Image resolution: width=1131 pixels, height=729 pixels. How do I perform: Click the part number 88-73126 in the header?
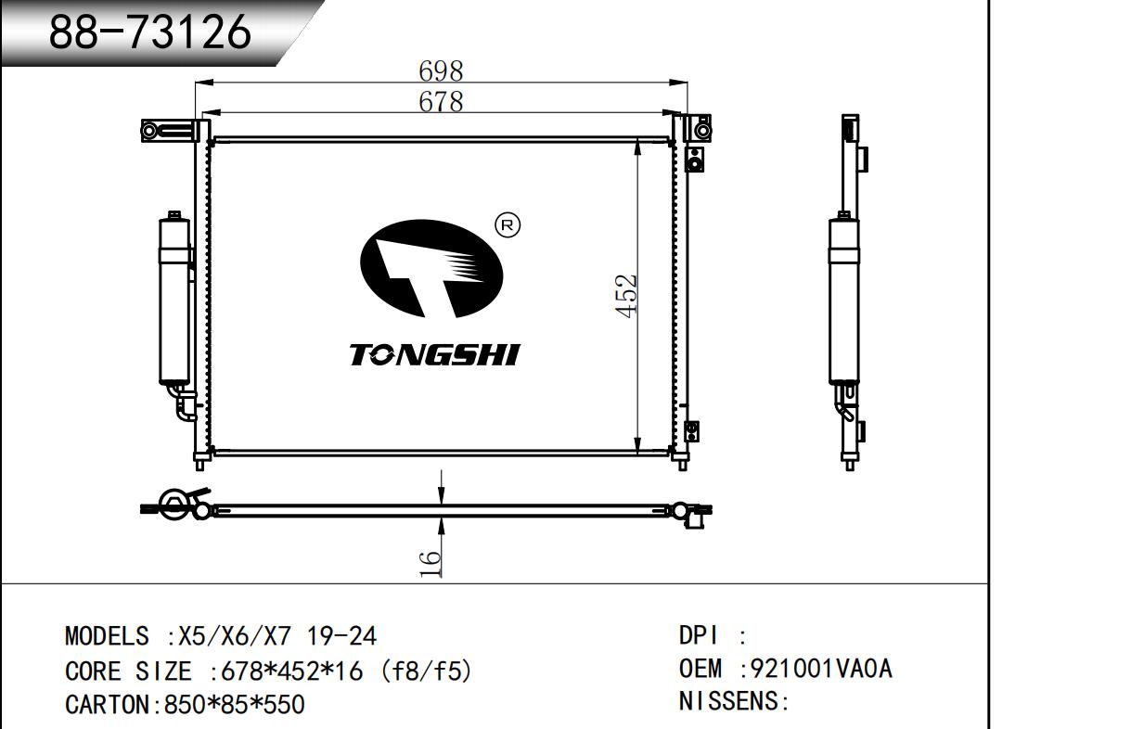click(150, 32)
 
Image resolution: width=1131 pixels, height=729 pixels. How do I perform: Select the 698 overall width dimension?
click(441, 71)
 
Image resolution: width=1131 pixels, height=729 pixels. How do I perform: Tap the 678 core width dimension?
click(441, 101)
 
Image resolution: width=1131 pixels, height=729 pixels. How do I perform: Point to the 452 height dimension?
click(626, 297)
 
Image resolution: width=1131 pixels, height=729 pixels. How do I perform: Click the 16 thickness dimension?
click(430, 563)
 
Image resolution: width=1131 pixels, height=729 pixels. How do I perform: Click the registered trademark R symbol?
click(508, 225)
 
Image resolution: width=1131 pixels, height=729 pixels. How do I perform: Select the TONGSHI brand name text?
click(435, 354)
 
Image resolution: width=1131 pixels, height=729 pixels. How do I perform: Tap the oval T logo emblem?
click(431, 269)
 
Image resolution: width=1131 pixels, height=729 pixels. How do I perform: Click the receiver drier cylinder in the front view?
click(174, 299)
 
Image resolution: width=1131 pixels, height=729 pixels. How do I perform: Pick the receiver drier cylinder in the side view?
click(843, 299)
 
